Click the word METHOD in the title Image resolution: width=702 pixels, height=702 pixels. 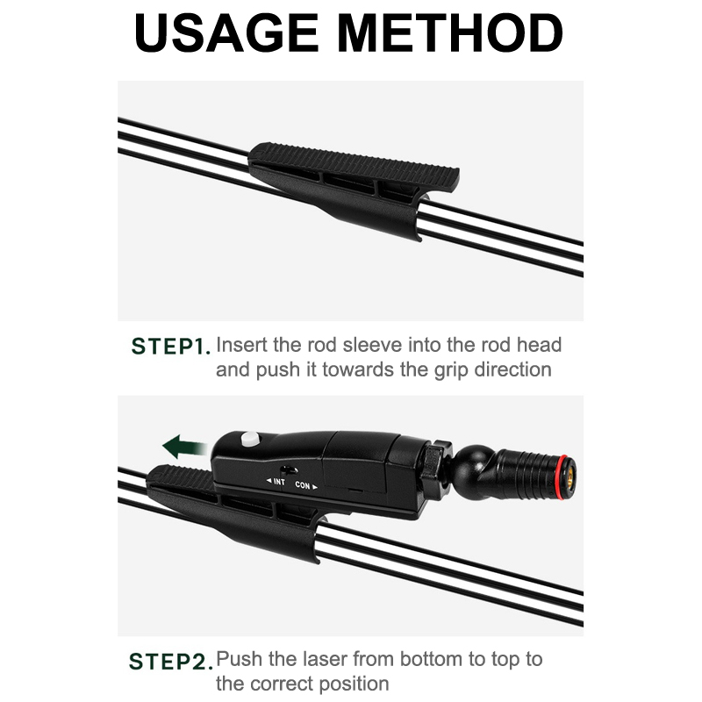click(x=450, y=33)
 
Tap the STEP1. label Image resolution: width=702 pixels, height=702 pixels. click(x=170, y=347)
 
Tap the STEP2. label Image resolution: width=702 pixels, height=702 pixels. click(x=170, y=662)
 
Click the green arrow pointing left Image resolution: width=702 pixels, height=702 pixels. click(x=183, y=447)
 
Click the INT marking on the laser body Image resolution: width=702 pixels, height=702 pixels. click(x=276, y=482)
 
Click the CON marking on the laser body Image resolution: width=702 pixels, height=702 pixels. click(x=305, y=485)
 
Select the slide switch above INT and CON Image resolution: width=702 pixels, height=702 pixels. click(x=289, y=470)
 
